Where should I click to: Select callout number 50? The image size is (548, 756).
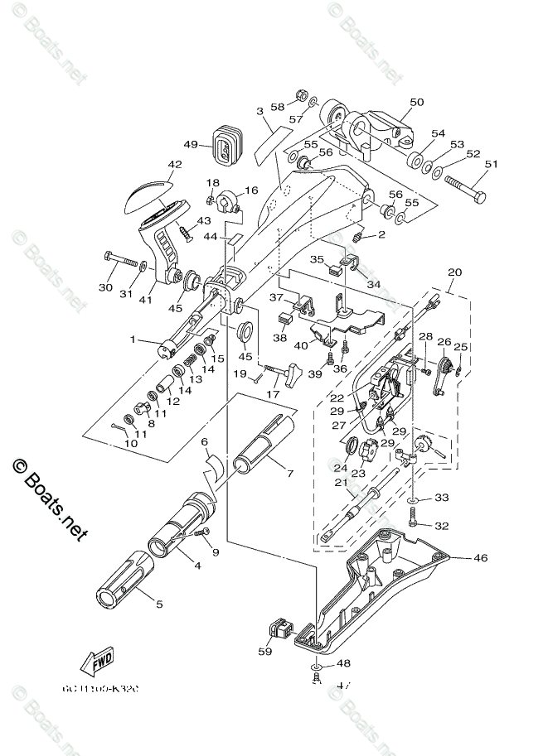coord(416,102)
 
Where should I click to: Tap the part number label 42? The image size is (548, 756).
coord(174,164)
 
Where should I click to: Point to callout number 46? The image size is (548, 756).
coord(481,559)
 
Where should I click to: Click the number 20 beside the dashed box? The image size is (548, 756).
coord(453,272)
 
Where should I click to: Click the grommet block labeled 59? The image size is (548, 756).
coord(283,632)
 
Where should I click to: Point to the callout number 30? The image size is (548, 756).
coord(104,287)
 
